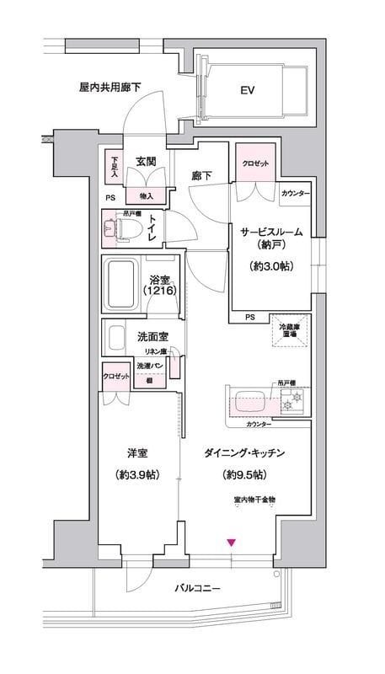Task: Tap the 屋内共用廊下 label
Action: pyautogui.click(x=109, y=86)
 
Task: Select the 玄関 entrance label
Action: pyautogui.click(x=147, y=162)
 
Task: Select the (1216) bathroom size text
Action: pyautogui.click(x=160, y=291)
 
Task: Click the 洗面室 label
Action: pyautogui.click(x=152, y=337)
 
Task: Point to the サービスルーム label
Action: pyautogui.click(x=268, y=232)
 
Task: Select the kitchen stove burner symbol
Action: pyautogui.click(x=290, y=404)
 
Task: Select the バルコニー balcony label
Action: pyautogui.click(x=198, y=587)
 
